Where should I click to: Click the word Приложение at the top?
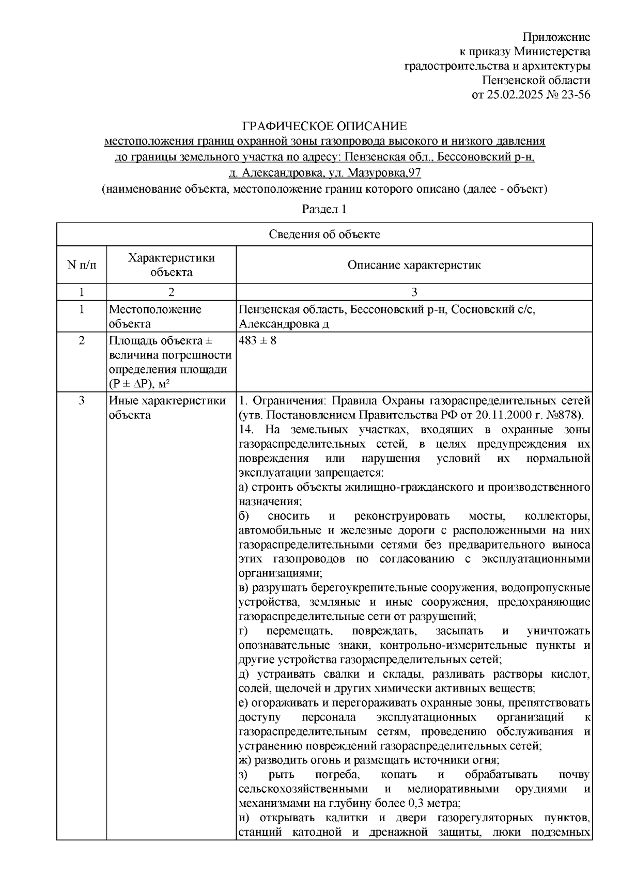click(556, 37)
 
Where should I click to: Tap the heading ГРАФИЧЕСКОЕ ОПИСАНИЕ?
click(324, 127)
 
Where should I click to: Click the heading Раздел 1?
click(324, 210)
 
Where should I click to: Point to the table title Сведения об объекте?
click(324, 234)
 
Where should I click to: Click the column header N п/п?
click(81, 265)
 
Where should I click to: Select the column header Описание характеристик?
click(414, 265)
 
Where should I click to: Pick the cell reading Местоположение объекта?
click(154, 317)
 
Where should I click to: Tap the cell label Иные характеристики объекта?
click(167, 408)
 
